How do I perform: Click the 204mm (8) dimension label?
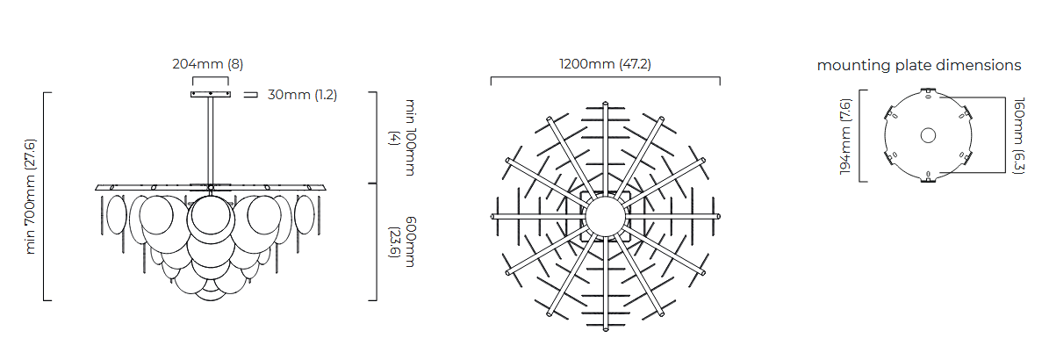(x=208, y=64)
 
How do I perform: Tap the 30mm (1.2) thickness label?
(x=302, y=95)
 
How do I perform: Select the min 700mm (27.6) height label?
(x=31, y=196)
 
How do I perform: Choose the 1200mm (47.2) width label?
(x=605, y=64)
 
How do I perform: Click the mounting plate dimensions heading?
(x=919, y=65)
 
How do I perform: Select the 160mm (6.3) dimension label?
(x=1019, y=136)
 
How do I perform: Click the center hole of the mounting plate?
(x=928, y=135)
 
